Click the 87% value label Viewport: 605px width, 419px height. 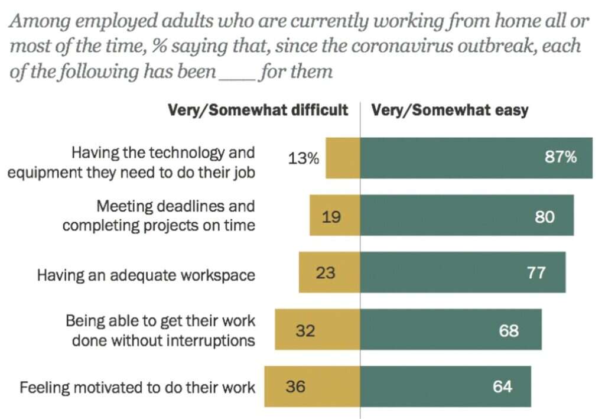[x=560, y=158]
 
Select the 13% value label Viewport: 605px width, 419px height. [x=304, y=158]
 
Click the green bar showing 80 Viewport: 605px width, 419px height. [x=467, y=216]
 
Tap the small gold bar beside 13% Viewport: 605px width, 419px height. [x=343, y=158]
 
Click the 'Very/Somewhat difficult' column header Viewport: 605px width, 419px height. [x=258, y=111]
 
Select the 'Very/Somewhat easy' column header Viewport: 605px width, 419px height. [x=450, y=111]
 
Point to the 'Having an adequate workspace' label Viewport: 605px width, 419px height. [x=146, y=275]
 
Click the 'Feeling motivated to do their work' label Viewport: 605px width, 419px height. [x=138, y=388]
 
